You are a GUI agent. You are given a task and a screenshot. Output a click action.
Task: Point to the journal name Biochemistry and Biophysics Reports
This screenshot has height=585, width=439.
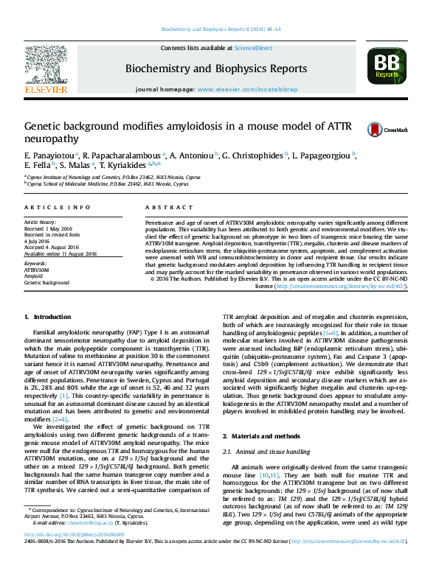(216, 69)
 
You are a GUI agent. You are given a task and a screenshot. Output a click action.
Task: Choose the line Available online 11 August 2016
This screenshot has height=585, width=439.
(61, 253)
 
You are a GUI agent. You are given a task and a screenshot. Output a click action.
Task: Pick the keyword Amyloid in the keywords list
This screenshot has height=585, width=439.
(34, 276)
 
